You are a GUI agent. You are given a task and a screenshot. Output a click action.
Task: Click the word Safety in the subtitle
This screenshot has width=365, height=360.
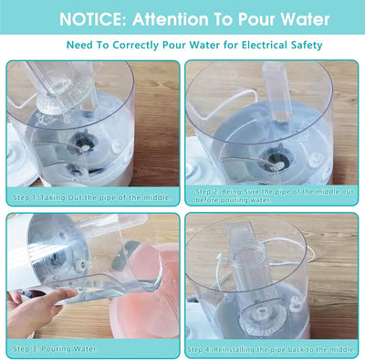coord(306,46)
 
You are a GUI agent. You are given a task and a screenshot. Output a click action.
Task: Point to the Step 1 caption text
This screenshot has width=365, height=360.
coord(92,197)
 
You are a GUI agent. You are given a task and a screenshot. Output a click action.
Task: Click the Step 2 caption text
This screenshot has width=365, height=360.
coord(275,196)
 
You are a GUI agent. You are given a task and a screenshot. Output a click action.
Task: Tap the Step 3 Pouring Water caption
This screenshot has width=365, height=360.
coord(54,349)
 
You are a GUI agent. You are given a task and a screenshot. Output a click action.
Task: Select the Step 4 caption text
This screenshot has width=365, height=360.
coord(271,349)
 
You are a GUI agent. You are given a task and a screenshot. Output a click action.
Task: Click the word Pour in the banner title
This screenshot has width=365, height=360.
coord(256,19)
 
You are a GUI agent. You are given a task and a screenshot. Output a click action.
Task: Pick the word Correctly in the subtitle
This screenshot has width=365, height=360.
coord(136,46)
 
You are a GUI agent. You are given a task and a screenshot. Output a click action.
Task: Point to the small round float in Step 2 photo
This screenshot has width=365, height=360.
coord(314,159)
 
